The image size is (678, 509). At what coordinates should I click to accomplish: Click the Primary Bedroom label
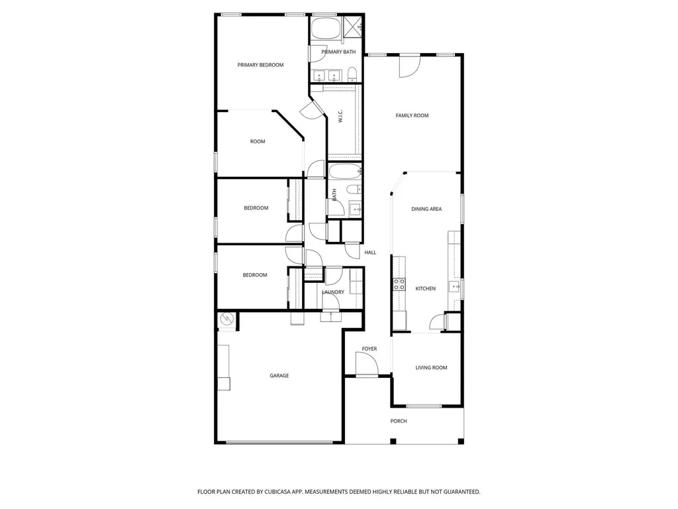tap(260, 65)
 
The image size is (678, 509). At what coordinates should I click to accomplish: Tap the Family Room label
tap(412, 115)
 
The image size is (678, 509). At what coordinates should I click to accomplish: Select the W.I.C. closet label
tap(340, 116)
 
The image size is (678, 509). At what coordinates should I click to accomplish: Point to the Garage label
tap(279, 376)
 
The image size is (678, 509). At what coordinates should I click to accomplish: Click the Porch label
tap(399, 421)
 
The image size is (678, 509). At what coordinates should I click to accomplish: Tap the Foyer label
tap(369, 349)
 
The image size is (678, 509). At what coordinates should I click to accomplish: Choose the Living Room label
tap(431, 368)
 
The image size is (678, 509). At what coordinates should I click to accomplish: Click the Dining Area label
tap(426, 209)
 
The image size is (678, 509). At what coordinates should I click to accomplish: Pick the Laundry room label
tap(333, 292)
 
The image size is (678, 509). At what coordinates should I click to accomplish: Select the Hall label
tap(370, 253)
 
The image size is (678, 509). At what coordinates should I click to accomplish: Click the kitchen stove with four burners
tap(399, 284)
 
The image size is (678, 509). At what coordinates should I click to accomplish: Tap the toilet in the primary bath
tap(352, 74)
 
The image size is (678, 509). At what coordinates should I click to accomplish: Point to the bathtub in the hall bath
tap(344, 172)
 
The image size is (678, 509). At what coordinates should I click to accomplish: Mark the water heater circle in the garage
tap(226, 319)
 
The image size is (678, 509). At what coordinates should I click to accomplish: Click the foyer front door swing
tap(367, 364)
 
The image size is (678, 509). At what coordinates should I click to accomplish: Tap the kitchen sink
tap(454, 286)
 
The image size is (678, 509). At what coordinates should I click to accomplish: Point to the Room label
tap(258, 142)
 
